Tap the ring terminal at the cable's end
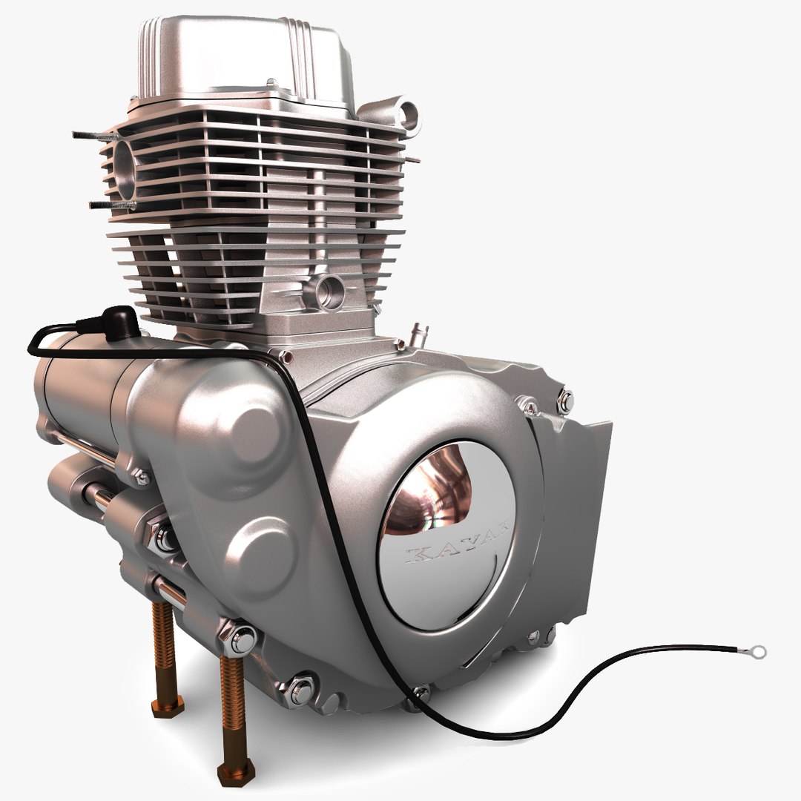tap(757, 653)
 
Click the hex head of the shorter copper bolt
tap(168, 706)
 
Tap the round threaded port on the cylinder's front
tap(329, 290)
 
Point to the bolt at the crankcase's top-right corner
tap(564, 401)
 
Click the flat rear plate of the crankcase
tap(582, 504)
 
